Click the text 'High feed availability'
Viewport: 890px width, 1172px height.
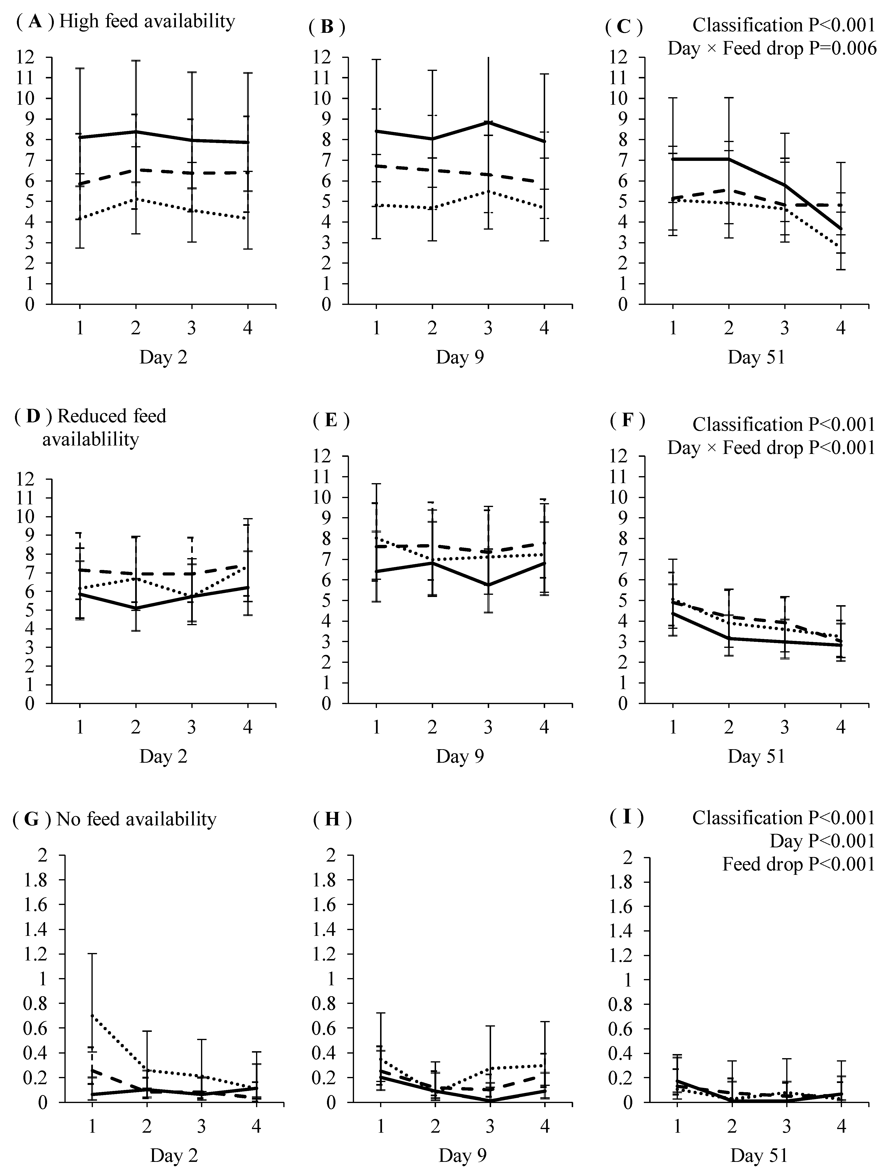[147, 22]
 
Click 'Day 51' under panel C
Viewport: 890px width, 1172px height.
[756, 358]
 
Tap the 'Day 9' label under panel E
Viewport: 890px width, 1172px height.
[459, 757]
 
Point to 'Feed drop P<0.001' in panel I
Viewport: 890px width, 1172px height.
[798, 865]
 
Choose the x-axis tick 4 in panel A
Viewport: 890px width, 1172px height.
[248, 329]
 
